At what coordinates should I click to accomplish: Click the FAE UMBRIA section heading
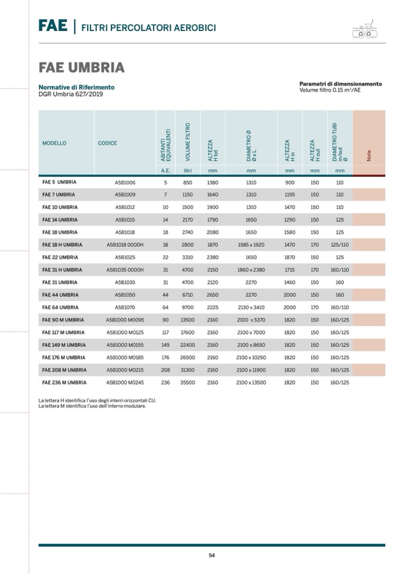81,67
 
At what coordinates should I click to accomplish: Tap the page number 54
211,555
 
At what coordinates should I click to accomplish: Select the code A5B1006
125,182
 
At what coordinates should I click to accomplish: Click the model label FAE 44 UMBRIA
60,295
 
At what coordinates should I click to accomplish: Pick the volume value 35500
188,382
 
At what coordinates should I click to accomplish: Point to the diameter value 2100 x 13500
251,382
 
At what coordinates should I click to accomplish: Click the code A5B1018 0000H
125,245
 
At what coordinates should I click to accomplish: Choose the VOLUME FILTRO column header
188,142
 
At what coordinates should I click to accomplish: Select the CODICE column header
108,143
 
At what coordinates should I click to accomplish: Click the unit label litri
188,170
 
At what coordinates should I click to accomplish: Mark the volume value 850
188,182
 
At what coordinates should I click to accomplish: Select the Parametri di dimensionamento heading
340,84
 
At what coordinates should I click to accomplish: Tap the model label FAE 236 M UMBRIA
65,382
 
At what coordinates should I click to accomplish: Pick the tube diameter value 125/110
340,245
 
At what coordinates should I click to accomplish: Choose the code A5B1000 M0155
125,345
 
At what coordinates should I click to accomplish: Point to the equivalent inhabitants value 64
165,307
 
